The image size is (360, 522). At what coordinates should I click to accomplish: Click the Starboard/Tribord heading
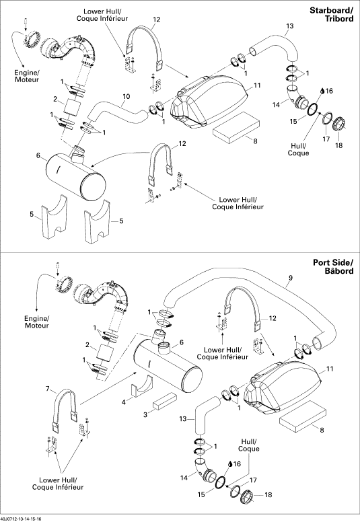[x=331, y=15]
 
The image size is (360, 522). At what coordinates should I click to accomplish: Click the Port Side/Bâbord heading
[x=333, y=266]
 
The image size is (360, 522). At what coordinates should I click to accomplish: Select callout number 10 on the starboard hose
[x=127, y=97]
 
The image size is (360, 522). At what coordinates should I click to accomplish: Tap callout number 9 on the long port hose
[x=291, y=278]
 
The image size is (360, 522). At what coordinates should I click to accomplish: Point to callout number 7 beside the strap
[x=48, y=389]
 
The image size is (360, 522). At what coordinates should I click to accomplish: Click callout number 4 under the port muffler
[x=124, y=402]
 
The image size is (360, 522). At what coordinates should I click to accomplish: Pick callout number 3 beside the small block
[x=145, y=414]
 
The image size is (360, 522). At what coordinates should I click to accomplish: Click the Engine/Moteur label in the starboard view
[x=27, y=76]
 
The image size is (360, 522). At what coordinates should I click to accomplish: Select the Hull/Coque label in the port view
[x=248, y=445]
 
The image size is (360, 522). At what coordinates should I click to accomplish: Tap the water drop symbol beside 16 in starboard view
[x=322, y=91]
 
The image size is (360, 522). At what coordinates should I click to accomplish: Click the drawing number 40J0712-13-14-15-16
[x=21, y=519]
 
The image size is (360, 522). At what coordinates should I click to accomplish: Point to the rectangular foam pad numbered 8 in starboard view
[x=236, y=128]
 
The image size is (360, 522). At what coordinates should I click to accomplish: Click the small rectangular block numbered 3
[x=164, y=400]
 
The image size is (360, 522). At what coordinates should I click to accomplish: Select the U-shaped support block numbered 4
[x=141, y=386]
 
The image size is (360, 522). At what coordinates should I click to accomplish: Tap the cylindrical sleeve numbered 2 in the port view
[x=103, y=352]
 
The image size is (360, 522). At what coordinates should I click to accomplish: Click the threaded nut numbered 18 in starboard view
[x=339, y=124]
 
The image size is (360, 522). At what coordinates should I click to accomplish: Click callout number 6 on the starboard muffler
[x=38, y=155]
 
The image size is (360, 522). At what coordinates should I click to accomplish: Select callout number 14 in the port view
[x=184, y=478]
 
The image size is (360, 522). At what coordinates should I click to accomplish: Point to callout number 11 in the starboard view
[x=257, y=85]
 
